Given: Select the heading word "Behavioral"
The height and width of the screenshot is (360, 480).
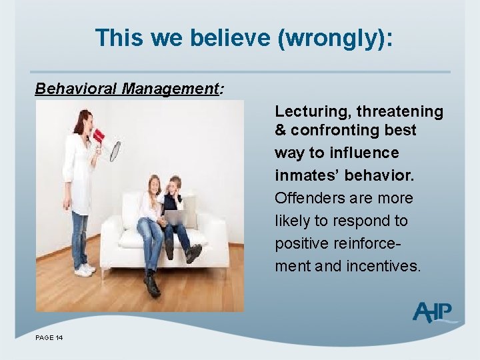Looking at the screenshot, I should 76,89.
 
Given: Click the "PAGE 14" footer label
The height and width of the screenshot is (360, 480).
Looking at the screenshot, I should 49,339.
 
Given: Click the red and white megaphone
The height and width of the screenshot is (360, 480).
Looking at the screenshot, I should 106,142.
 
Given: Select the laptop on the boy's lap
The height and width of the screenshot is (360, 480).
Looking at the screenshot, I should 174,217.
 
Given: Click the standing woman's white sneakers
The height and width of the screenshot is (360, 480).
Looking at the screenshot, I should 85,269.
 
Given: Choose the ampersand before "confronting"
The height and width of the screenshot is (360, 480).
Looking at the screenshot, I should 281,130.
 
